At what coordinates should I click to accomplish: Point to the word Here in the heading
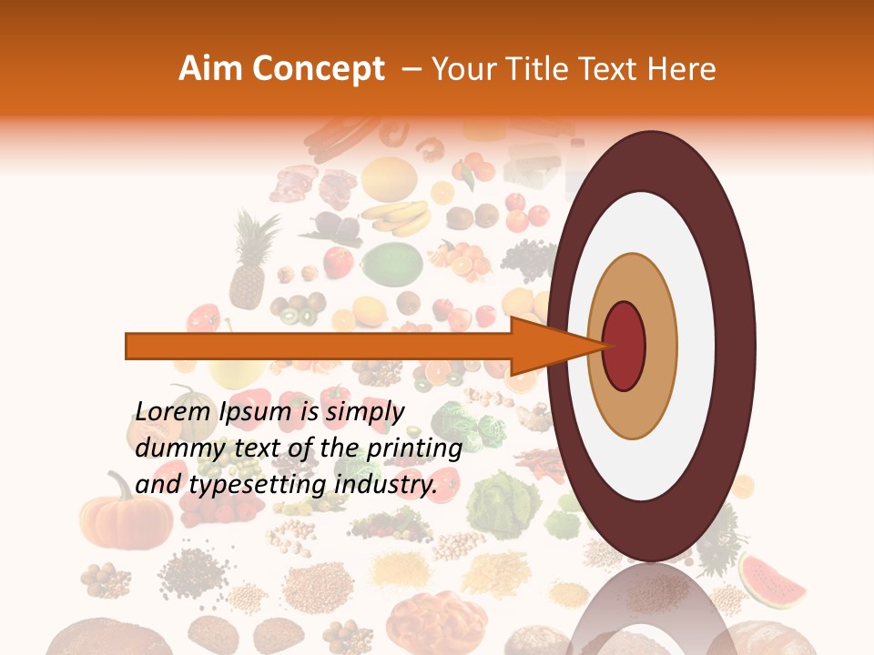[x=681, y=69]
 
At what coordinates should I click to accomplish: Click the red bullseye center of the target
[x=625, y=346]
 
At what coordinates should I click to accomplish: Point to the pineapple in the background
[x=249, y=264]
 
